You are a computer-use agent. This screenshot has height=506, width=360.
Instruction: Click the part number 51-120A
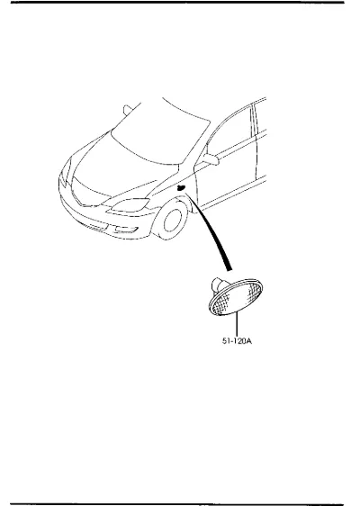(x=237, y=340)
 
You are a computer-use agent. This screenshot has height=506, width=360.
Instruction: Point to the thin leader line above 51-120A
(x=237, y=323)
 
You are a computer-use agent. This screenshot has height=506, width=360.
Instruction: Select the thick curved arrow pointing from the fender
(x=211, y=233)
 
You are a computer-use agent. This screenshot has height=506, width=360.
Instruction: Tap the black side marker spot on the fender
(x=181, y=188)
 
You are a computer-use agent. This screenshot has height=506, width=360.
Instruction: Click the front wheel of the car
(x=171, y=220)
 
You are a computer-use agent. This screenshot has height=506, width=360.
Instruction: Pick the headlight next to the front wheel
(x=129, y=205)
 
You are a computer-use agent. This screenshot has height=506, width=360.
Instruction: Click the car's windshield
(x=161, y=132)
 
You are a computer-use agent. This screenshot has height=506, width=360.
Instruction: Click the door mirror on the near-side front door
(x=211, y=158)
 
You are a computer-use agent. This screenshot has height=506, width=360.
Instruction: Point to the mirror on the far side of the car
(x=127, y=110)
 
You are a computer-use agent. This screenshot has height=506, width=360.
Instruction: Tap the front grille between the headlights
(x=86, y=193)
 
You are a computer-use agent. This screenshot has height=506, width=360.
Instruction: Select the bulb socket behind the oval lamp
(x=220, y=285)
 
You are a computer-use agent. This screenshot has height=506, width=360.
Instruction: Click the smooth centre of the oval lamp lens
(x=237, y=297)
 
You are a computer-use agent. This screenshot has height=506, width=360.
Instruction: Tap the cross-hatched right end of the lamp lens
(x=253, y=291)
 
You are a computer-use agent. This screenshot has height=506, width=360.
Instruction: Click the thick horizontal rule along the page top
(x=177, y=3)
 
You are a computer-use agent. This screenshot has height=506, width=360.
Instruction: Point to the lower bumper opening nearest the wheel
(x=127, y=230)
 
